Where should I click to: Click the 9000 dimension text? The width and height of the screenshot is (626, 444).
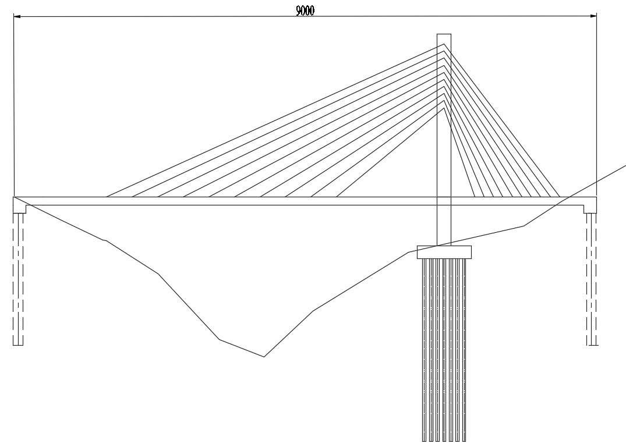coord(305,10)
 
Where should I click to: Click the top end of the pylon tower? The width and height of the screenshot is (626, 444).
coord(444,35)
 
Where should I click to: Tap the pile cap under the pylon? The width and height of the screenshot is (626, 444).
coord(444,252)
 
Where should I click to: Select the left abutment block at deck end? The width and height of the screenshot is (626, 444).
coord(19,205)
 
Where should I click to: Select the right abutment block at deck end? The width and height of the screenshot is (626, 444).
coord(590,205)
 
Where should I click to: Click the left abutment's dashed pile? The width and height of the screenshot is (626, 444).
coord(19,279)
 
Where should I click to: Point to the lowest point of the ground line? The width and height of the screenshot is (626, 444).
coord(264,357)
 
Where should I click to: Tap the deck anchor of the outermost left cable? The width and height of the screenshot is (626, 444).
coord(107,197)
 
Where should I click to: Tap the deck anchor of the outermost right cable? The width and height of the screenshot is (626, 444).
coord(560,197)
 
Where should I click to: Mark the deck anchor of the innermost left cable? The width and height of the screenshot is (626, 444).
coord(337,197)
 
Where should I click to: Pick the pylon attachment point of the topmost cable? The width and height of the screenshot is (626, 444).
coord(444,45)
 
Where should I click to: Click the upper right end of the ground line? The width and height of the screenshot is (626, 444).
coord(625,165)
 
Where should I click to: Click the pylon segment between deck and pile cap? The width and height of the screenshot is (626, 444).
coord(444,224)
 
